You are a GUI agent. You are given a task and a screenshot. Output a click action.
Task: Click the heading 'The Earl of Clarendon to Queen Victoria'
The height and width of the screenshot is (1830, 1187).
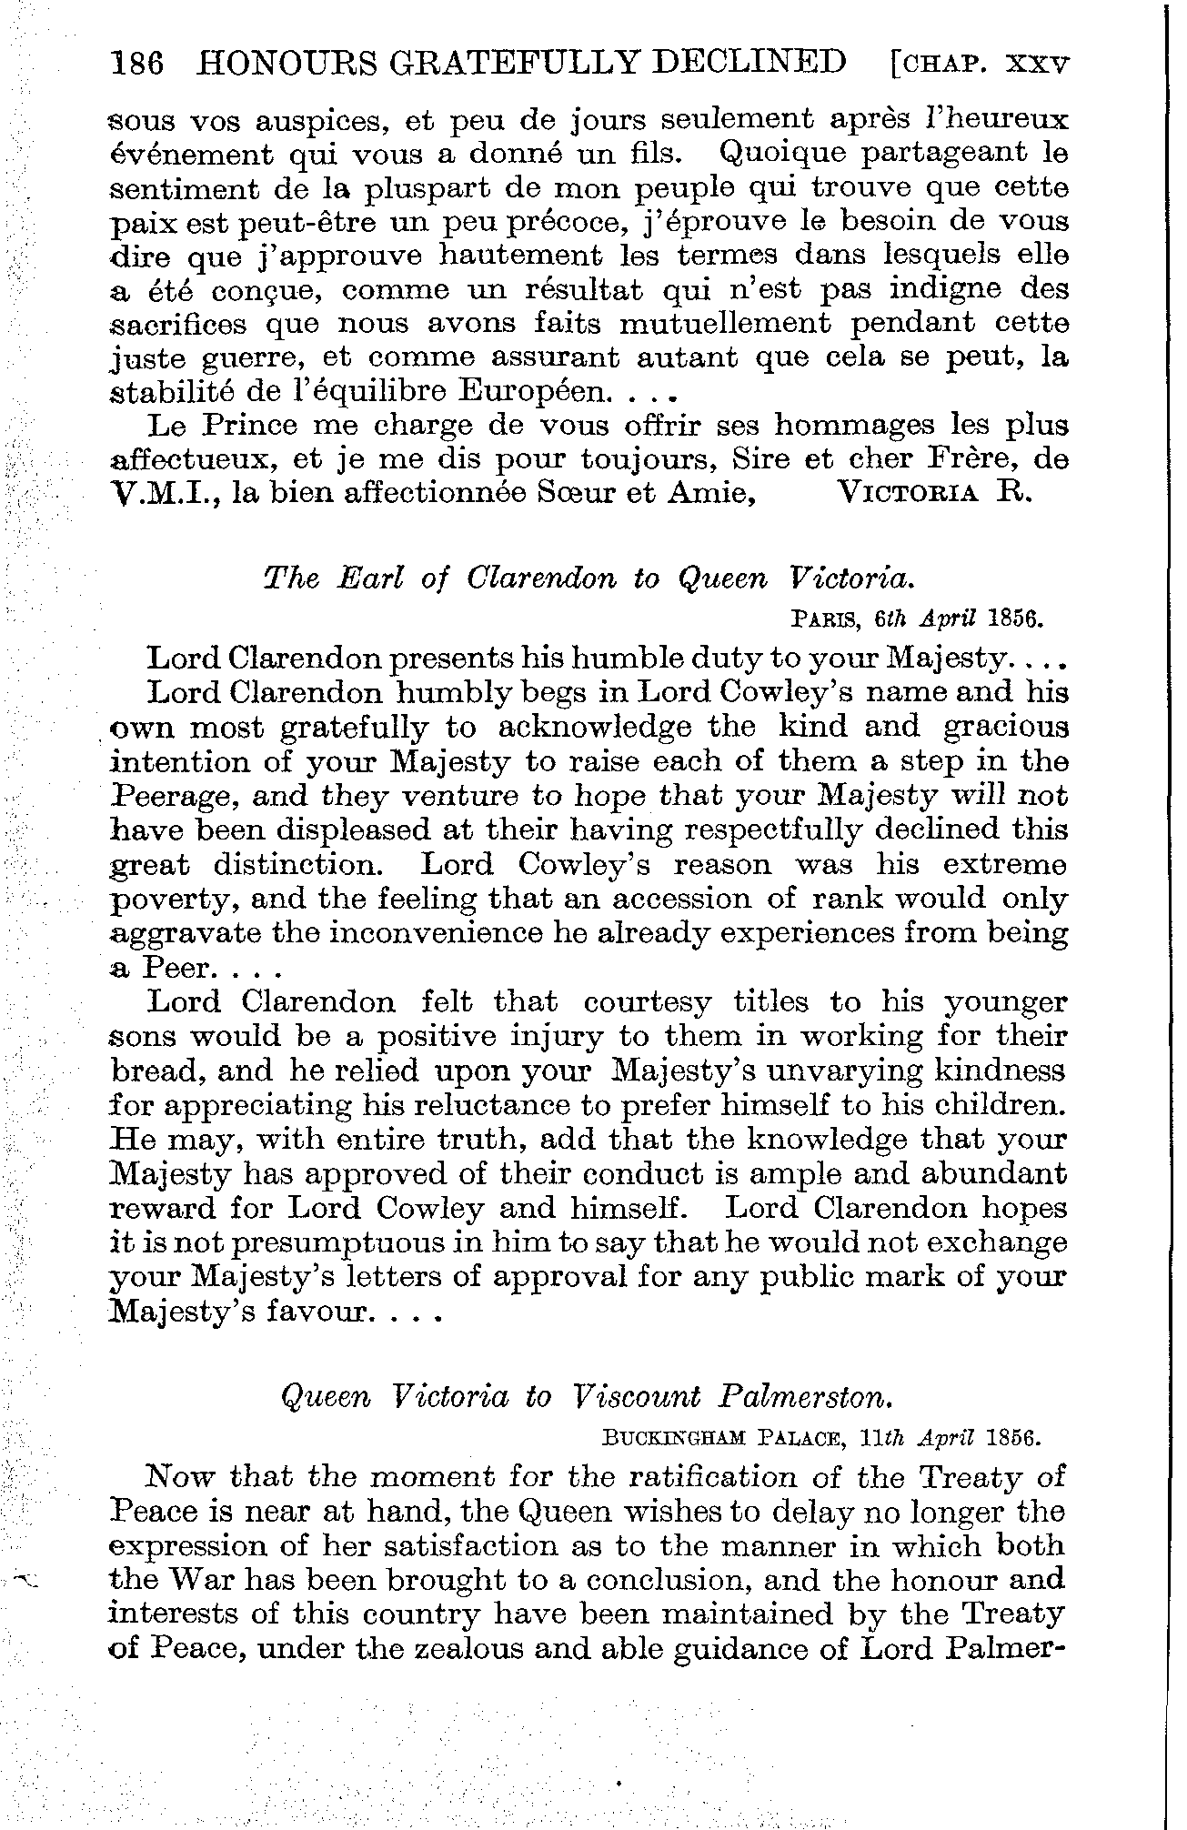pos(587,579)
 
